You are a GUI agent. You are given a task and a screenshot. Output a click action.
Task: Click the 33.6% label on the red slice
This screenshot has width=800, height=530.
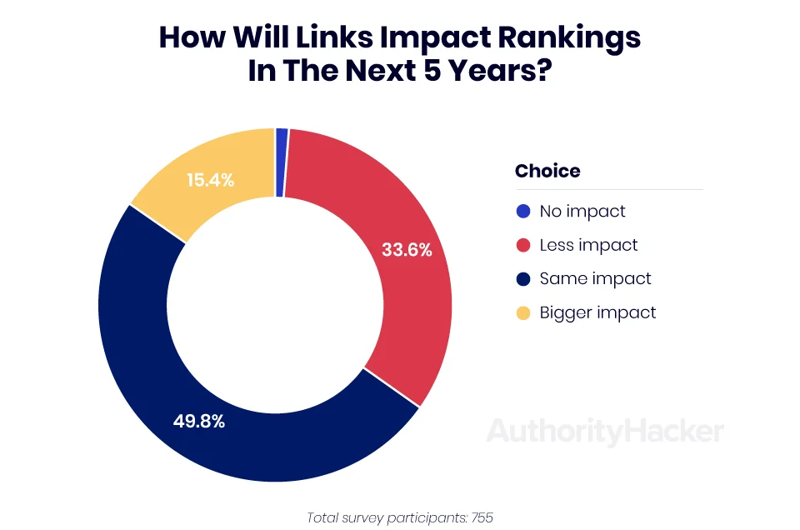[407, 249]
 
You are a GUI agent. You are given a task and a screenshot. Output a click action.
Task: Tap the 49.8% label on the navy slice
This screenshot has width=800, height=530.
[199, 422]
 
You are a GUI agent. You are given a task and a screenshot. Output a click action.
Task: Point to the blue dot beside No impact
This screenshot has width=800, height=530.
[523, 211]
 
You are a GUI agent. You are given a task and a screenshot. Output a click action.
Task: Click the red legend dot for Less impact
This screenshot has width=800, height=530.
[523, 245]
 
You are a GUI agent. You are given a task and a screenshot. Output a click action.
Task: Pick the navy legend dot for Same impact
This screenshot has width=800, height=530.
[523, 278]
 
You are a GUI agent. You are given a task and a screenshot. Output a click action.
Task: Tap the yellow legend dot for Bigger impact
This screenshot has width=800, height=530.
[523, 312]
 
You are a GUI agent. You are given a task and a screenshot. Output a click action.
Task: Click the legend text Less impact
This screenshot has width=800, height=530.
[588, 245]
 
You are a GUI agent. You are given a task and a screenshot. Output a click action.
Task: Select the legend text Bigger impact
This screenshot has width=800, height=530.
[597, 312]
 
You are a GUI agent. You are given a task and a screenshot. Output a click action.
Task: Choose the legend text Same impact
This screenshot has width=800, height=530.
[595, 278]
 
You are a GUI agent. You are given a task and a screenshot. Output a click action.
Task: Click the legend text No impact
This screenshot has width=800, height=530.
[582, 211]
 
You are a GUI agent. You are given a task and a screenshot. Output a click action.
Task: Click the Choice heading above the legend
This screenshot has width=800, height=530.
[547, 171]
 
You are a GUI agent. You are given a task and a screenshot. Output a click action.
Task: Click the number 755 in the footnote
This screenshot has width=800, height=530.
[482, 517]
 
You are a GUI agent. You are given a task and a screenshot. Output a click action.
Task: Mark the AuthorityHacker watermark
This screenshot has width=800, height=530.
[605, 431]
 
